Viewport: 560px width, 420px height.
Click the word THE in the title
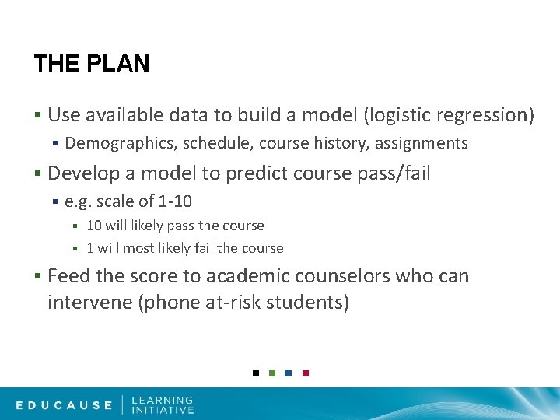(56, 64)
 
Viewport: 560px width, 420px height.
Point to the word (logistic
(394, 115)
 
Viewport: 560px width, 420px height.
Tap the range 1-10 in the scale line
(175, 201)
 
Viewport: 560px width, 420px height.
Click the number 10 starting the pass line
(94, 226)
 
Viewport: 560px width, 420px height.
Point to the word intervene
(89, 302)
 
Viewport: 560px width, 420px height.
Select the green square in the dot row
(272, 373)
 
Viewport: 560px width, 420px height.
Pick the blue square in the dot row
(289, 373)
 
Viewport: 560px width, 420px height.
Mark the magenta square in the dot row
(306, 373)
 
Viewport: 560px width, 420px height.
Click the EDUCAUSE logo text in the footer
(65, 404)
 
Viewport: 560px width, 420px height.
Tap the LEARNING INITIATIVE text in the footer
(163, 404)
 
